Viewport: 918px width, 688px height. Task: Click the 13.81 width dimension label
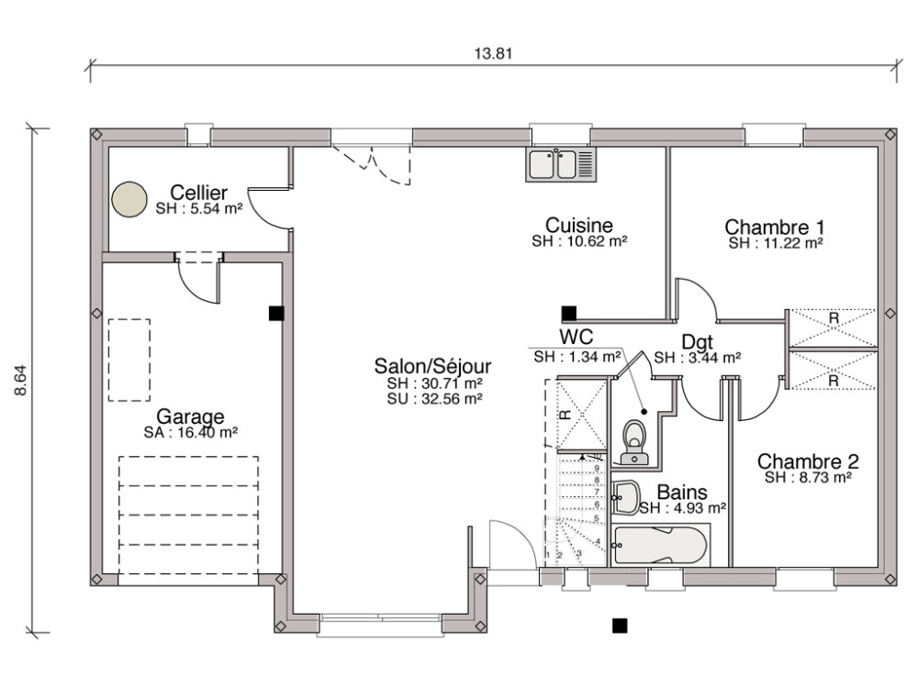[492, 52]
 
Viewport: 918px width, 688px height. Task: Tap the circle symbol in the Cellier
[129, 199]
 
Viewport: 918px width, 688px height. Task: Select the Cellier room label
[198, 193]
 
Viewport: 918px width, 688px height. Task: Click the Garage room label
[190, 416]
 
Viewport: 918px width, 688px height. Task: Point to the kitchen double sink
[562, 164]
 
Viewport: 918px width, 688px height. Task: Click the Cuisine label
[578, 225]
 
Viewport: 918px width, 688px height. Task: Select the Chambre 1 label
[774, 227]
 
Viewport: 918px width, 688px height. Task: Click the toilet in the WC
[634, 441]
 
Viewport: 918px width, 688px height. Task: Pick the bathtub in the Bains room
[661, 545]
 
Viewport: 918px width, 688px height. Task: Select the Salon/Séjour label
[432, 366]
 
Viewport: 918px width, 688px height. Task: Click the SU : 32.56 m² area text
[434, 399]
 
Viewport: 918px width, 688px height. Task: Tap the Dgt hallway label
[696, 342]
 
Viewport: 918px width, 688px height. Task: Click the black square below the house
[620, 627]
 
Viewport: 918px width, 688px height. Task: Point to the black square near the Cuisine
[569, 313]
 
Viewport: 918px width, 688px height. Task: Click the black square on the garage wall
[275, 313]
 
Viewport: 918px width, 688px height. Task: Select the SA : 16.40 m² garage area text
[191, 432]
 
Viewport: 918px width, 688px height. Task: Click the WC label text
[577, 338]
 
